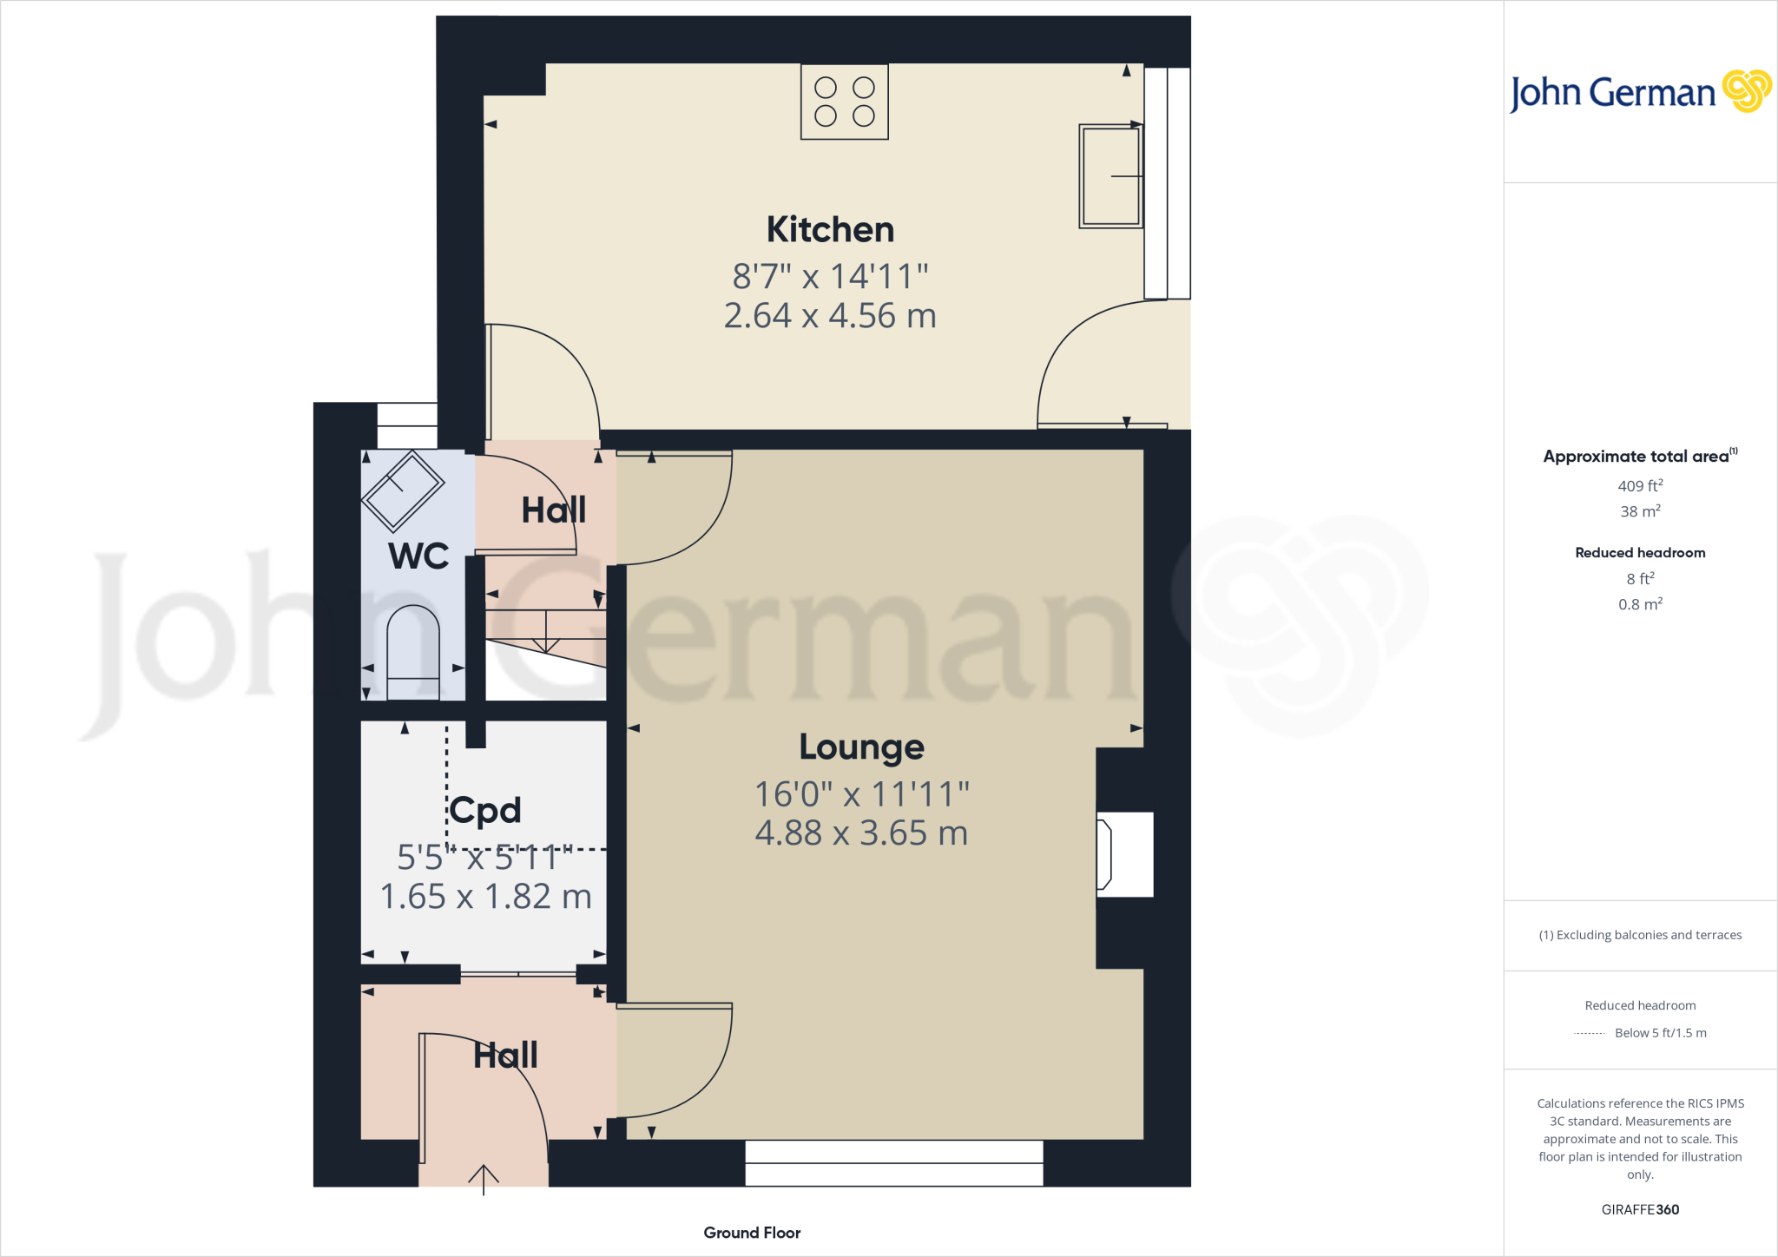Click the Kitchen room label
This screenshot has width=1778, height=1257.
(830, 230)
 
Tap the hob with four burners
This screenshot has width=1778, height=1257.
(844, 102)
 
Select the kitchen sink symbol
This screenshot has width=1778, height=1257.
(1110, 176)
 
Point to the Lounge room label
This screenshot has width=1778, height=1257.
(861, 747)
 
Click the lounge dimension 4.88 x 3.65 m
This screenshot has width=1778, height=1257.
(861, 833)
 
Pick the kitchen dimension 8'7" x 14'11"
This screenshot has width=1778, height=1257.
(830, 277)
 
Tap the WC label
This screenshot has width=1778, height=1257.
(418, 556)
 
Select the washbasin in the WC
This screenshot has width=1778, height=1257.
(403, 490)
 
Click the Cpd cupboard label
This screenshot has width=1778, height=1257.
(485, 811)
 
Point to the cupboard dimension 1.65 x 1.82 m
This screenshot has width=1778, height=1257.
(485, 897)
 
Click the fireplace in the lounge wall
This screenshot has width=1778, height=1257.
(1124, 854)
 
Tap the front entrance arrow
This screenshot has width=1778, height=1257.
(484, 1179)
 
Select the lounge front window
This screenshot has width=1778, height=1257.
(894, 1163)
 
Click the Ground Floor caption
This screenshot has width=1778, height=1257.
(752, 1233)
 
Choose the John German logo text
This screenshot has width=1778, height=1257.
(1613, 93)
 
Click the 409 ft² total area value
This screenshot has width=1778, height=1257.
(1640, 486)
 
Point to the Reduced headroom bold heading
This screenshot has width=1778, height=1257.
(1640, 553)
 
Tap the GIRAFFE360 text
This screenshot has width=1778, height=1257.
(1640, 1209)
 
